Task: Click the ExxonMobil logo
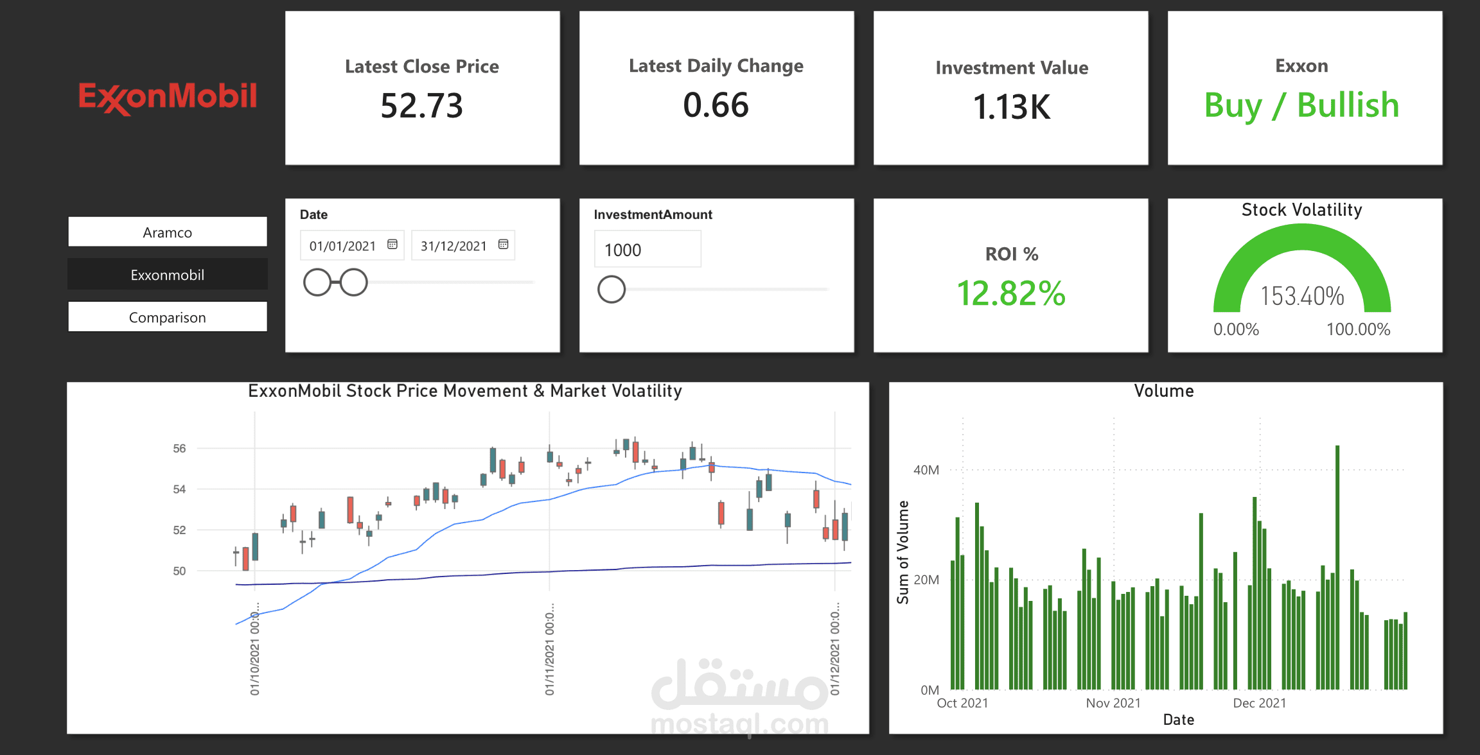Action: pyautogui.click(x=168, y=98)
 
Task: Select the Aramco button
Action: pyautogui.click(x=168, y=232)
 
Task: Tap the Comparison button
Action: pyautogui.click(x=168, y=317)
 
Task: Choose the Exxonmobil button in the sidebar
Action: pyautogui.click(x=168, y=275)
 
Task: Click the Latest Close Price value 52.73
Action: pyautogui.click(x=421, y=106)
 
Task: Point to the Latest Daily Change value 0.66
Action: pyautogui.click(x=716, y=105)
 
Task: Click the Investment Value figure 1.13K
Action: pyautogui.click(x=1012, y=107)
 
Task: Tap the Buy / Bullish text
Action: pyautogui.click(x=1301, y=105)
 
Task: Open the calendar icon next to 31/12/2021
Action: pyautogui.click(x=504, y=245)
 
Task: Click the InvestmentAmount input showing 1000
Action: pyautogui.click(x=647, y=250)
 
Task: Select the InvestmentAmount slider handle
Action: pyautogui.click(x=612, y=290)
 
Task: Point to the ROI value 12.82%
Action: pyautogui.click(x=1011, y=293)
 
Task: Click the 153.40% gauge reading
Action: pyautogui.click(x=1302, y=297)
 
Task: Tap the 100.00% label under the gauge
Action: pyautogui.click(x=1358, y=329)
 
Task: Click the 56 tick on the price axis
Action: pyautogui.click(x=179, y=448)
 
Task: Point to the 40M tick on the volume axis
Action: pyautogui.click(x=926, y=470)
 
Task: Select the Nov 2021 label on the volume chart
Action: pyautogui.click(x=1113, y=703)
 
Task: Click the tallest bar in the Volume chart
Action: pyautogui.click(x=1337, y=568)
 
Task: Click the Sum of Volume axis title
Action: pyautogui.click(x=903, y=553)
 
